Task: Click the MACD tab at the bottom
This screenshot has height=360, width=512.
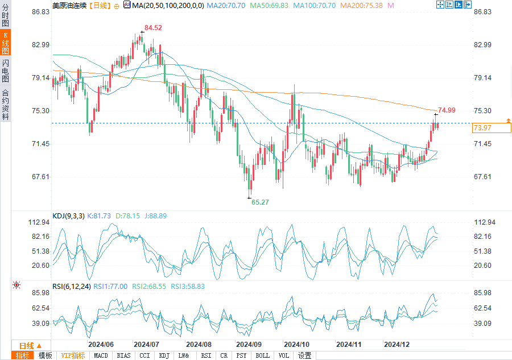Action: point(101,355)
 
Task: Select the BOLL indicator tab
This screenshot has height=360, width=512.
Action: point(263,355)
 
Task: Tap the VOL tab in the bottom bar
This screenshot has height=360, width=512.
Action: point(283,355)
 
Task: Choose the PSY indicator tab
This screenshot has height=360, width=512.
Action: point(242,355)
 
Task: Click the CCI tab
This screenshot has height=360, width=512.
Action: point(144,355)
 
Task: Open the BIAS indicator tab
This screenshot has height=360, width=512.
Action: point(123,355)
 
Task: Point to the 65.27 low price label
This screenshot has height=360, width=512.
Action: point(260,202)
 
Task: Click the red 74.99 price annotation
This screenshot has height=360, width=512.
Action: point(447,110)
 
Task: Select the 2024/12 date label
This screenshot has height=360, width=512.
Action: point(397,344)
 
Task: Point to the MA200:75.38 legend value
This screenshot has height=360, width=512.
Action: point(361,5)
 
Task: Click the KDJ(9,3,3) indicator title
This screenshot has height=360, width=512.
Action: point(68,216)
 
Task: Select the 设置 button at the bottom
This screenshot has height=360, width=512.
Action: point(305,355)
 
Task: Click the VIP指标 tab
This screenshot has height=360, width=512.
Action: point(73,355)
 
